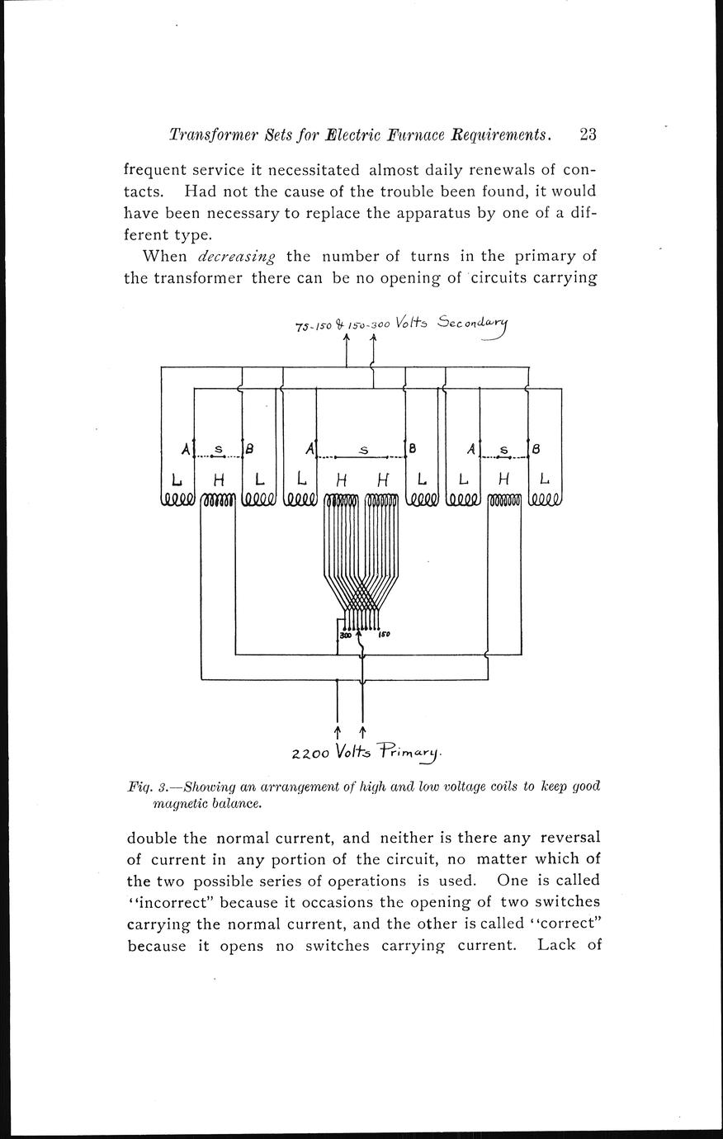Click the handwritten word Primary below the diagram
410,751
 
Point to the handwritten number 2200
310,754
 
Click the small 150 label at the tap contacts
385,635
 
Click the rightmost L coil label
544,478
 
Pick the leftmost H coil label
218,479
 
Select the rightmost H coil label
504,478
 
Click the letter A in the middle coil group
310,449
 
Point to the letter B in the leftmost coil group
248,450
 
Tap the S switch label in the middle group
363,450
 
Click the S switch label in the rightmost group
503,450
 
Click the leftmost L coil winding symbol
177,499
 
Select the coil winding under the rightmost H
504,499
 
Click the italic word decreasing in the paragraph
236,255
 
